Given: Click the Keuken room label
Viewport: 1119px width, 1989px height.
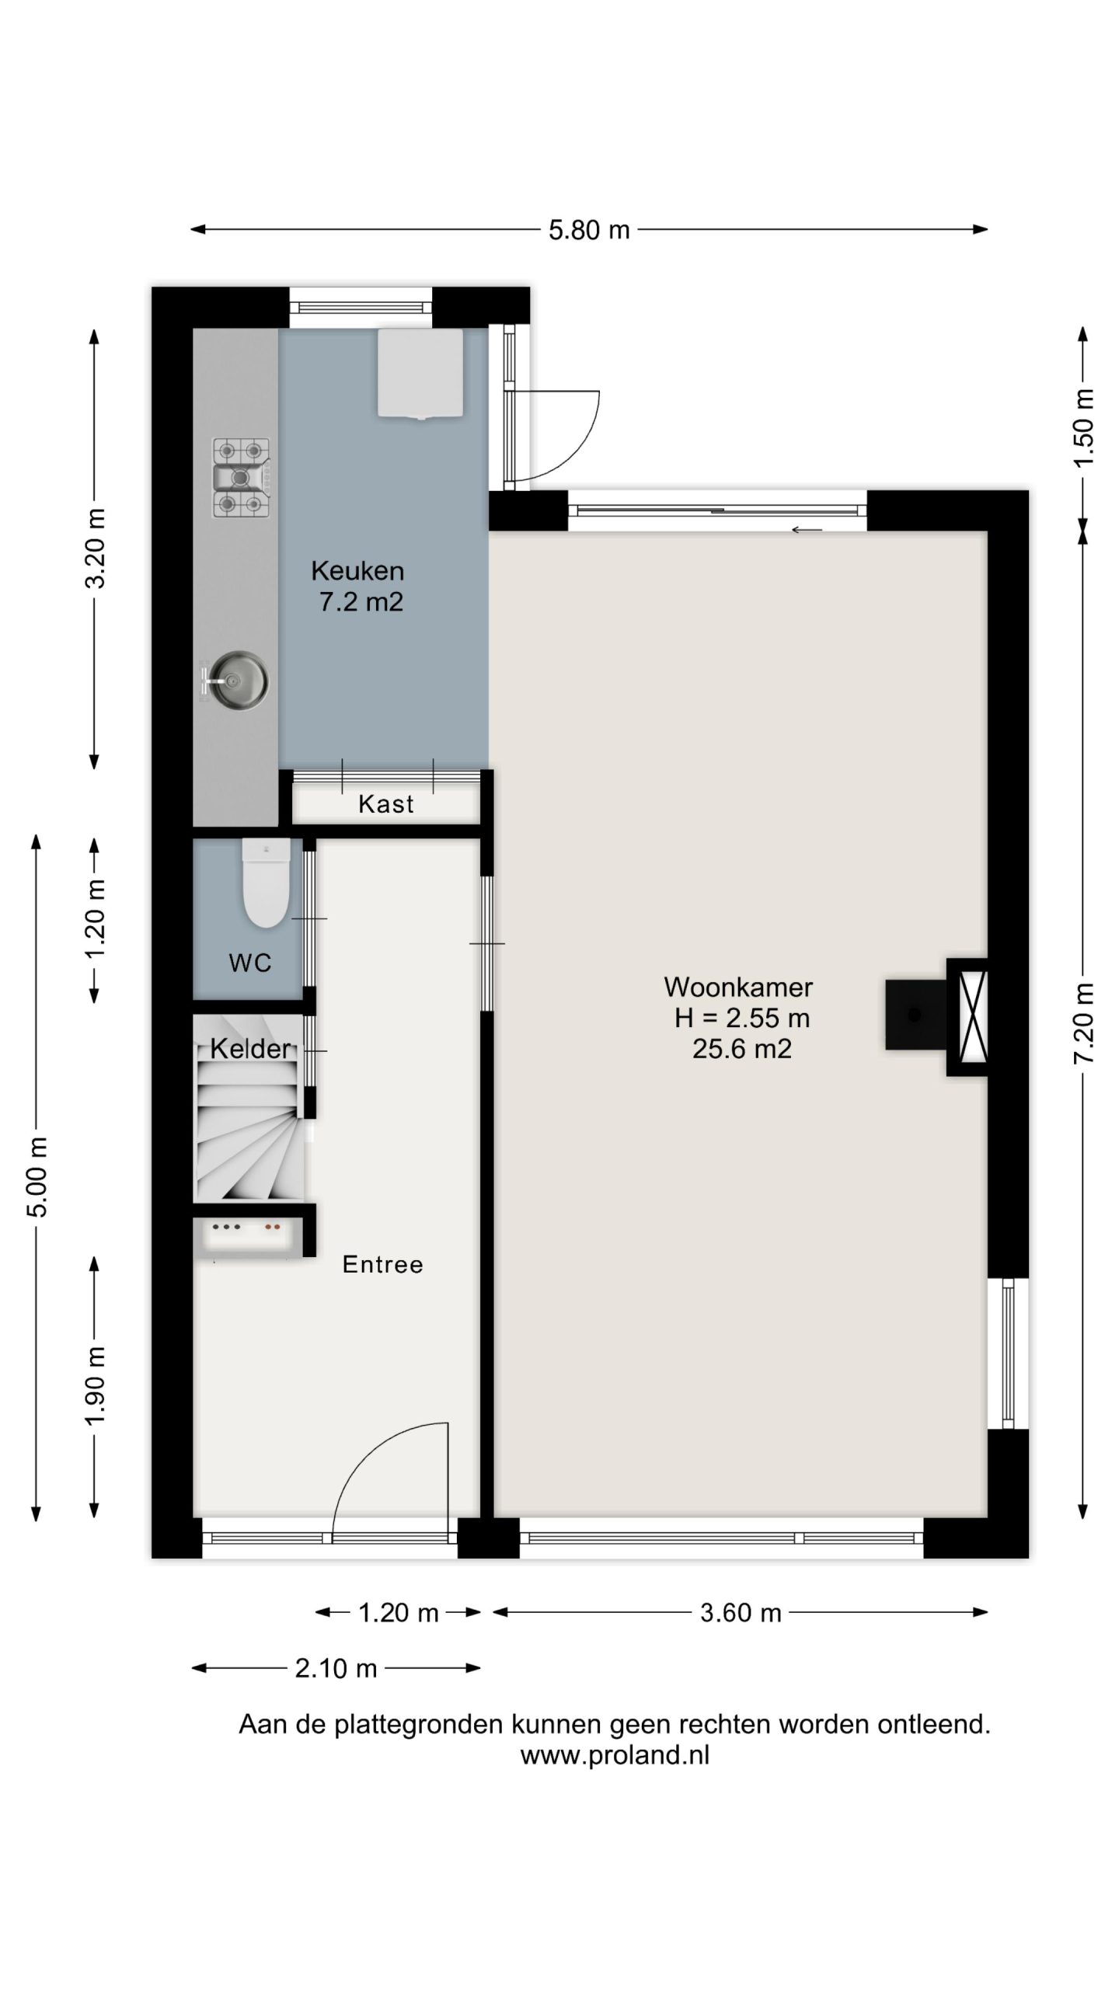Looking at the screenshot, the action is pyautogui.click(x=357, y=571).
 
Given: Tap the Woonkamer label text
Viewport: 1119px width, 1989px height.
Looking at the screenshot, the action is pyautogui.click(x=738, y=987).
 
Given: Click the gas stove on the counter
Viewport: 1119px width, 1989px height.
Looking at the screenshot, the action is pyautogui.click(x=242, y=478).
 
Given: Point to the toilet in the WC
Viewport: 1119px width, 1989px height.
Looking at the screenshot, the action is pyautogui.click(x=266, y=883).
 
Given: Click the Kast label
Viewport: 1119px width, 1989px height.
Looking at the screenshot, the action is pyautogui.click(x=386, y=804).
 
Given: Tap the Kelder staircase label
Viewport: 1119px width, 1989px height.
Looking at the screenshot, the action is pyautogui.click(x=250, y=1049).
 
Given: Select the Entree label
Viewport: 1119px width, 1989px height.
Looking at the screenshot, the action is pyautogui.click(x=383, y=1264).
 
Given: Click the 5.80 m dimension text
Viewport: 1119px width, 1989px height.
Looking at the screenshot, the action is pyautogui.click(x=589, y=230).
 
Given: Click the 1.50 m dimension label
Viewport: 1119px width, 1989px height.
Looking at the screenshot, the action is pyautogui.click(x=1083, y=427).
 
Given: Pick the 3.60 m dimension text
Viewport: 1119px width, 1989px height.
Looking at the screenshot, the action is pyautogui.click(x=741, y=1613).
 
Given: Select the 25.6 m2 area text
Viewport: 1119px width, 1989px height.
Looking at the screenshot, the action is pyautogui.click(x=742, y=1049).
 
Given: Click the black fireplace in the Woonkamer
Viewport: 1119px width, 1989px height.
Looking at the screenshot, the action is pyautogui.click(x=915, y=1014).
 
